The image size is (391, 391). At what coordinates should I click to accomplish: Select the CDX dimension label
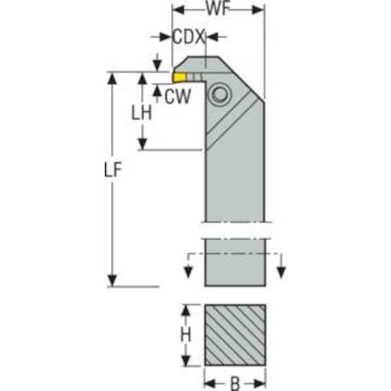click(188, 37)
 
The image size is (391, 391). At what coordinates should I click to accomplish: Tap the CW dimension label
click(178, 96)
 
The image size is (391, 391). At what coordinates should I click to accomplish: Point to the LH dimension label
click(142, 113)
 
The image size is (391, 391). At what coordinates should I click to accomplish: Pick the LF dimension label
click(113, 170)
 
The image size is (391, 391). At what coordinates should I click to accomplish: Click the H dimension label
click(186, 335)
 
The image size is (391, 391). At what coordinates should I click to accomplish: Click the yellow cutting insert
click(179, 77)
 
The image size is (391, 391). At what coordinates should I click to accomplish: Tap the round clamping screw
click(220, 95)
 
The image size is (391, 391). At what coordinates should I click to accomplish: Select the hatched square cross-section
click(235, 335)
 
